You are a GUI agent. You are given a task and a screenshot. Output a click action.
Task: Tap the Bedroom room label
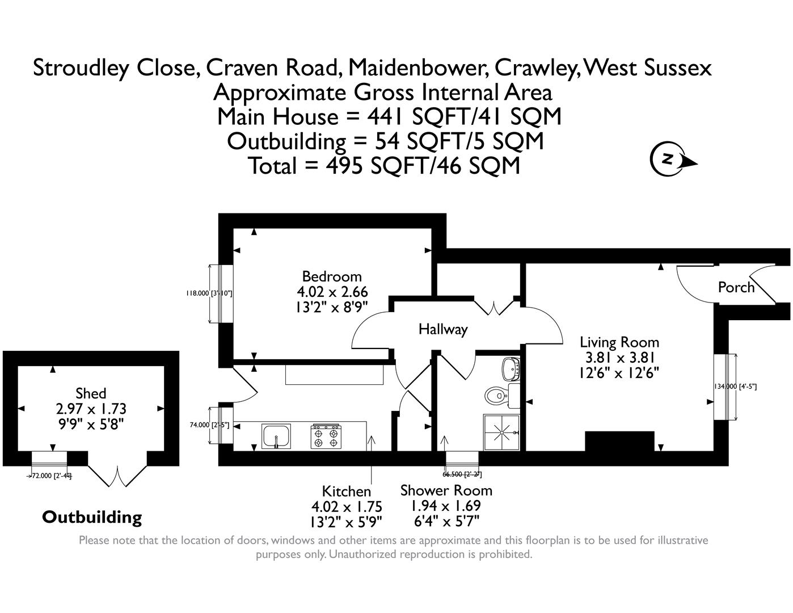click(332, 276)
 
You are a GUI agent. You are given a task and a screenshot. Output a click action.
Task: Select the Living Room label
click(619, 342)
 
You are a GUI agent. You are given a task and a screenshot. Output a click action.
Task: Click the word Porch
click(736, 287)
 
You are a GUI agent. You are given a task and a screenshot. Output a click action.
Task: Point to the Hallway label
click(442, 329)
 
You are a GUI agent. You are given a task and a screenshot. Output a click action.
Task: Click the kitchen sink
click(276, 436)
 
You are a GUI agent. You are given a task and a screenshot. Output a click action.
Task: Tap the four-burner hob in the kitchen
click(326, 436)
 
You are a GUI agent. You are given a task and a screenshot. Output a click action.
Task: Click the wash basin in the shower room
click(512, 369)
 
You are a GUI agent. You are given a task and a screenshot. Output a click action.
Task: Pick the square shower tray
click(501, 433)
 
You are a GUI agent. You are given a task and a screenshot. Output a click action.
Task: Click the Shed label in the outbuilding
click(91, 393)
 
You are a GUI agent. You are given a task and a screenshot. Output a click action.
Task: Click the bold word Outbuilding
click(92, 517)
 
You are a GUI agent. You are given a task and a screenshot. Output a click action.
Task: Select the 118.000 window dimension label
click(208, 293)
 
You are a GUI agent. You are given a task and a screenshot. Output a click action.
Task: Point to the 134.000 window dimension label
click(735, 386)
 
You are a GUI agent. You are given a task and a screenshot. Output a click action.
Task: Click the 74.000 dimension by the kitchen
click(209, 425)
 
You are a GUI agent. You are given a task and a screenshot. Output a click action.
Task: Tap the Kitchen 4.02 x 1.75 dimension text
click(347, 506)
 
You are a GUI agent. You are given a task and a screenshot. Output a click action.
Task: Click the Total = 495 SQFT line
click(384, 166)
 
